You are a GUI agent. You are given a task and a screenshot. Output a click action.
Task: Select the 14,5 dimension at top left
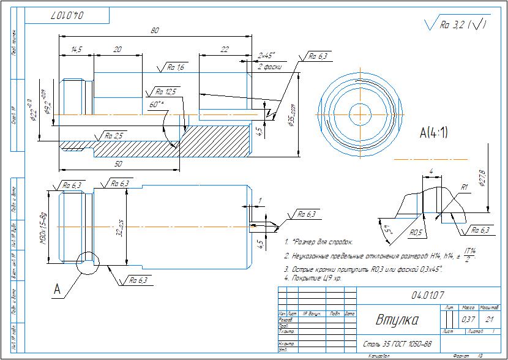(77, 50)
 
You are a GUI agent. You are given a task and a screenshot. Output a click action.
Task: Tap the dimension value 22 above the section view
(224, 50)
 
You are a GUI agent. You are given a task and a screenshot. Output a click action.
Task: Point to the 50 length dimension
(118, 165)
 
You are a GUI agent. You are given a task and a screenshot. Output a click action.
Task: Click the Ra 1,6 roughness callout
(176, 67)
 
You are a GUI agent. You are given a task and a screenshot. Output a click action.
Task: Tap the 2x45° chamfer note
(267, 55)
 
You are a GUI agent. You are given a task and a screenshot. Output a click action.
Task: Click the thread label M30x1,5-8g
(43, 227)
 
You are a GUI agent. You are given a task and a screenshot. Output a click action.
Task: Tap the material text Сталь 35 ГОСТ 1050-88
(398, 343)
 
